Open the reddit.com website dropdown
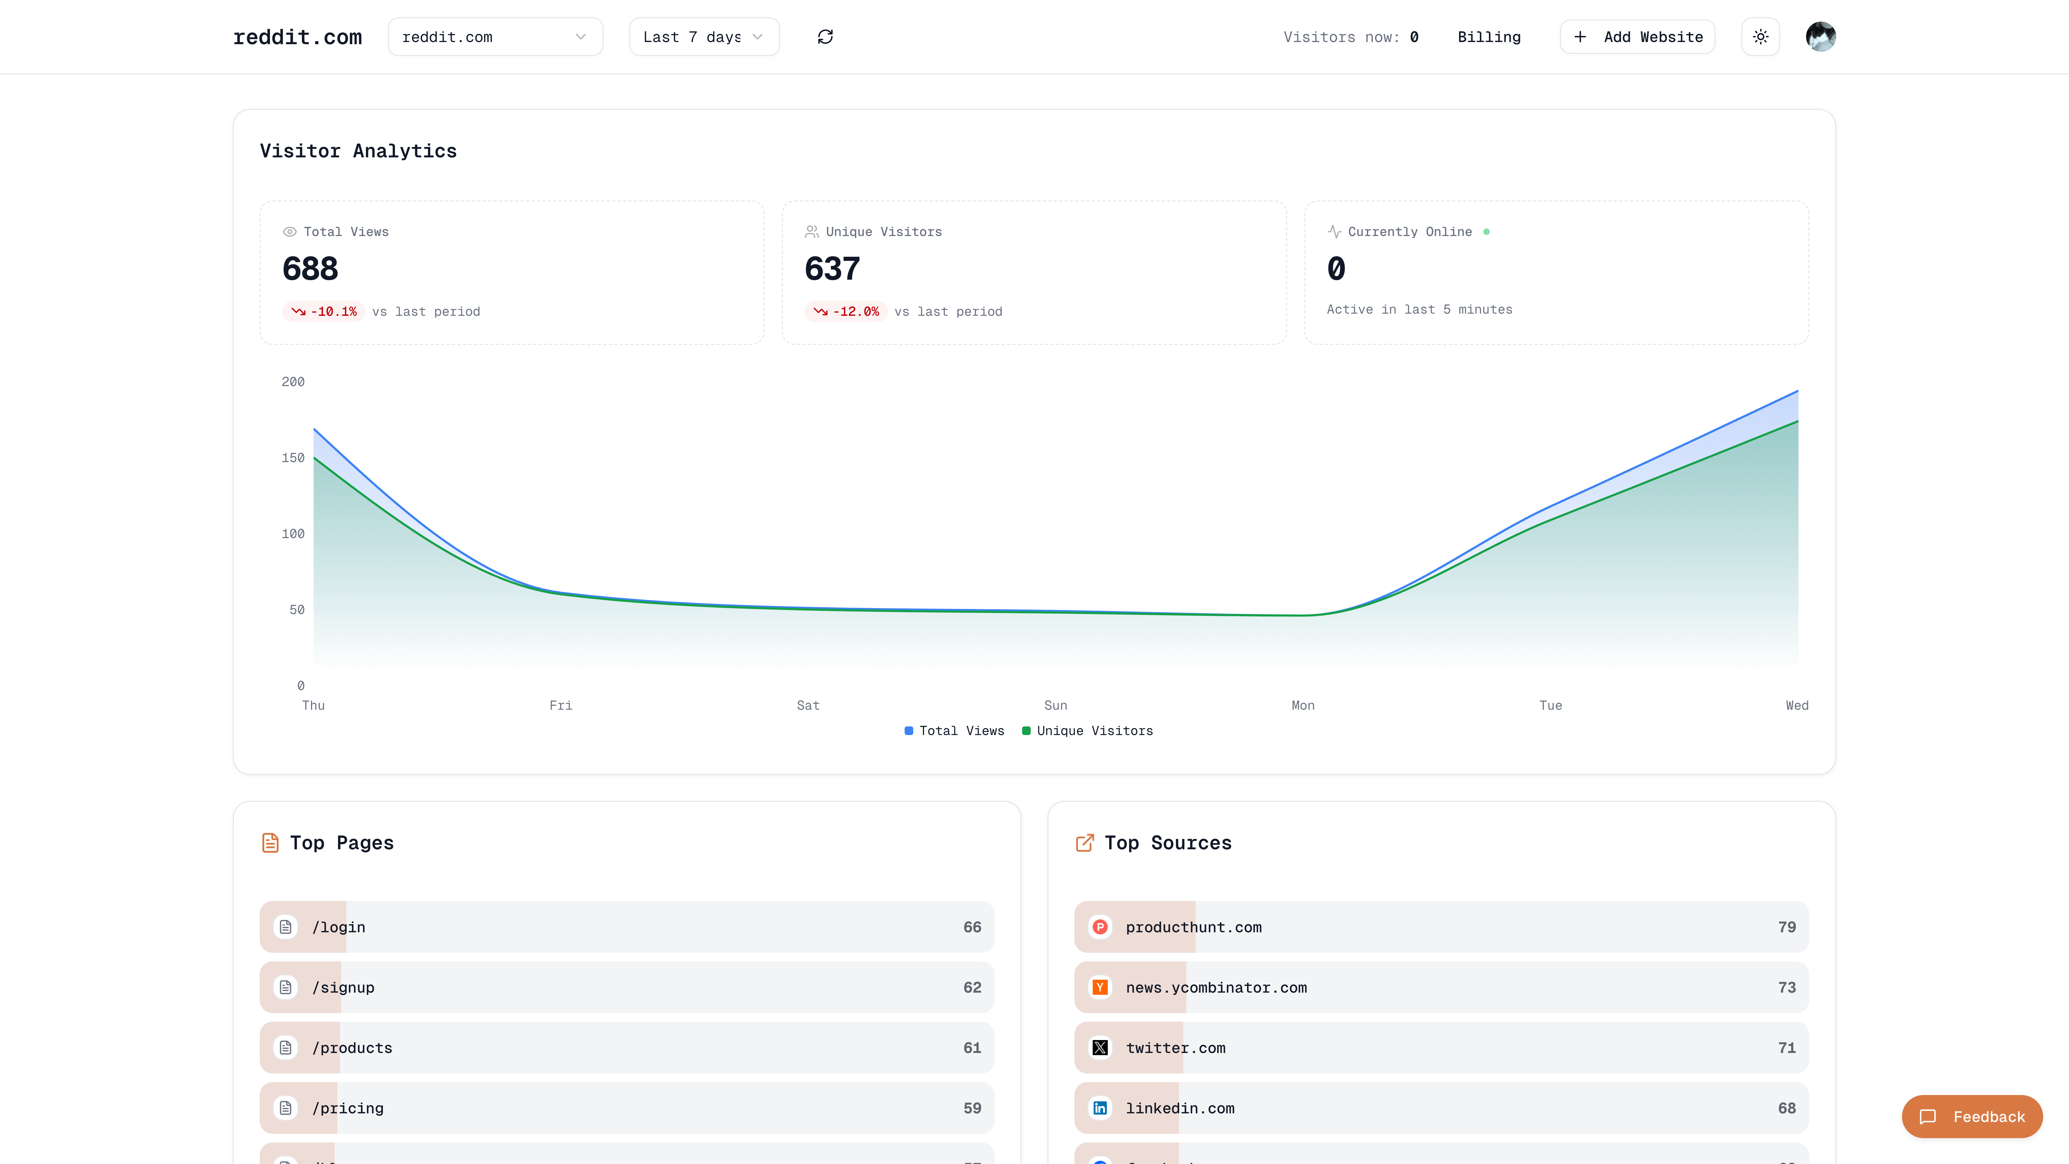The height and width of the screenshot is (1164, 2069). pyautogui.click(x=495, y=37)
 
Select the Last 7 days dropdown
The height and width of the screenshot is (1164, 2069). pyautogui.click(x=704, y=37)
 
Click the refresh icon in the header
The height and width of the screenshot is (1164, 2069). pyautogui.click(x=825, y=37)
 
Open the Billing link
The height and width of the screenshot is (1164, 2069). pyautogui.click(x=1488, y=37)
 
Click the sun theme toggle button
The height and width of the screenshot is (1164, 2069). pyautogui.click(x=1760, y=37)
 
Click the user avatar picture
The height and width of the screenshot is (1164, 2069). pyautogui.click(x=1820, y=37)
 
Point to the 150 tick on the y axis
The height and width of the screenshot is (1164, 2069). pyautogui.click(x=293, y=458)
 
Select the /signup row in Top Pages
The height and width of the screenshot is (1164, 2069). pyautogui.click(x=626, y=987)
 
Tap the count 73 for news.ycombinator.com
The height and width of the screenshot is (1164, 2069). pyautogui.click(x=1786, y=987)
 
